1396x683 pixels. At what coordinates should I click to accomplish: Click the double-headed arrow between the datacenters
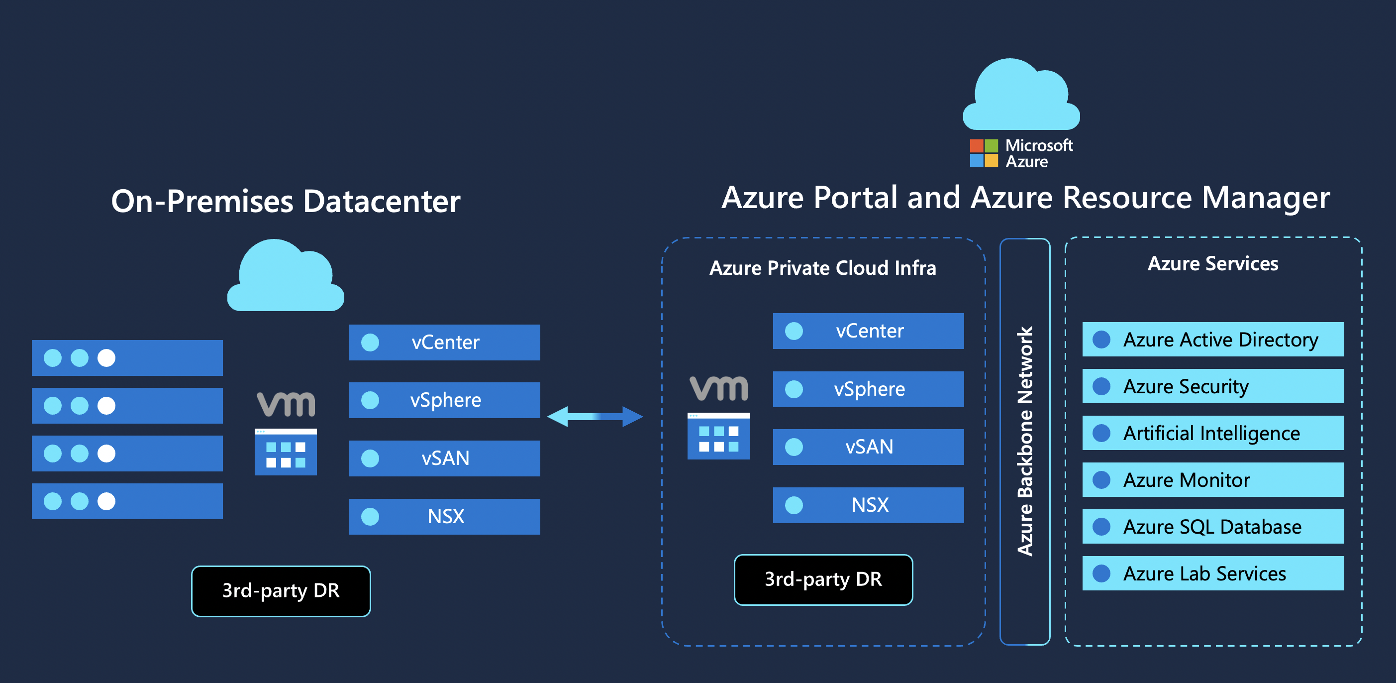point(595,416)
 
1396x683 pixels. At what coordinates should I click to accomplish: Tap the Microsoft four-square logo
point(984,153)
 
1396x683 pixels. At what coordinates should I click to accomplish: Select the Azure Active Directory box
point(1213,340)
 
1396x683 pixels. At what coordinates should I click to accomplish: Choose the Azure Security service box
point(1213,386)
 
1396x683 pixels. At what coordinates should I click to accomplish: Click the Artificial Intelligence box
point(1213,433)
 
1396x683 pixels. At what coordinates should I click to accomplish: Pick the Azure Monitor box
point(1213,480)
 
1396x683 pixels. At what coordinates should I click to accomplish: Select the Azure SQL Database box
point(1213,526)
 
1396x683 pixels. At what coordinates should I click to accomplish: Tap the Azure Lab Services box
point(1213,573)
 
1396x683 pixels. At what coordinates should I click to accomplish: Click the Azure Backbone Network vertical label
point(1025,441)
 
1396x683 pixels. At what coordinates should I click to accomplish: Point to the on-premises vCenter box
point(444,342)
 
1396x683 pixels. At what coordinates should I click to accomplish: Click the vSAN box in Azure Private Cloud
point(868,447)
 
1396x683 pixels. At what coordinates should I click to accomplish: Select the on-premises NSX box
point(444,516)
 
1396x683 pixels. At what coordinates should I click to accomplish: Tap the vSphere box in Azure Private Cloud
point(868,389)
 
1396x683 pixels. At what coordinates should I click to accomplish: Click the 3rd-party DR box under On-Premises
point(281,591)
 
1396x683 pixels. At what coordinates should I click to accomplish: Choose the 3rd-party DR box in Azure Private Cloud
point(823,579)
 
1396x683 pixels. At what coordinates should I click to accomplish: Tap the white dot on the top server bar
point(106,358)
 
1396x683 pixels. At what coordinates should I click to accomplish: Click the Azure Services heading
point(1213,263)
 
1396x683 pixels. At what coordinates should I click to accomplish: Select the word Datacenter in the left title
point(382,201)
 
